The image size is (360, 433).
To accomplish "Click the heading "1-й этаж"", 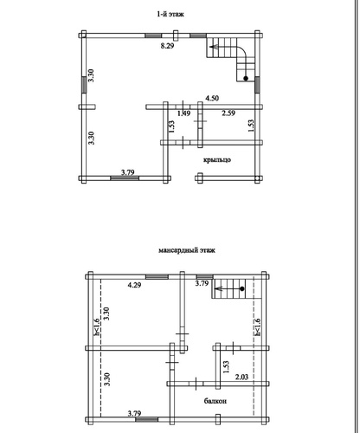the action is pos(170,14).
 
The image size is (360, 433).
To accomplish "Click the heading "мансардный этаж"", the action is pos(187,250).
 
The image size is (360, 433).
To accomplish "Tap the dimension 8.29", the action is pos(167,46).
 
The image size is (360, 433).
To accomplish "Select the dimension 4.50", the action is pos(212,98).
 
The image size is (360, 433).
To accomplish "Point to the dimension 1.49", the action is pos(183,113).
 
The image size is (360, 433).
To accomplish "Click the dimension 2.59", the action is pos(228,113).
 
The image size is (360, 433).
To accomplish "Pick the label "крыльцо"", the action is pos(217,159).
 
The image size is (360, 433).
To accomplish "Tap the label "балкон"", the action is pos(215,401).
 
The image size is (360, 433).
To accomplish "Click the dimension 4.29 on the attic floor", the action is pos(134,285).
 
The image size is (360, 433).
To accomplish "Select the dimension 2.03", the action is pos(241,377).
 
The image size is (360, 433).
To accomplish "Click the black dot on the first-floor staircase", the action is pos(246,78).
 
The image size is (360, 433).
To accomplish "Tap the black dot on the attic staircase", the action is pos(242,288).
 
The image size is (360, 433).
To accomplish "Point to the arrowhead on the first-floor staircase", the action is pos(213,47).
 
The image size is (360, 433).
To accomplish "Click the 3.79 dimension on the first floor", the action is pos(127,172).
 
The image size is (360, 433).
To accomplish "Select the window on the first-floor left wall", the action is pos(84,85).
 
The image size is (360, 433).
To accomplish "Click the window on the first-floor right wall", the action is pos(257,85).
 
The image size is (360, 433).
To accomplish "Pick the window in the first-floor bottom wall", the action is pos(125,178).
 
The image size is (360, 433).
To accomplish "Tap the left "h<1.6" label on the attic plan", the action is pos(97,326).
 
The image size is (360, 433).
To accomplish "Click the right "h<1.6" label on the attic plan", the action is pos(257,326).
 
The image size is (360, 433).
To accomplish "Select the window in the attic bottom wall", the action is pos(146,419).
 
